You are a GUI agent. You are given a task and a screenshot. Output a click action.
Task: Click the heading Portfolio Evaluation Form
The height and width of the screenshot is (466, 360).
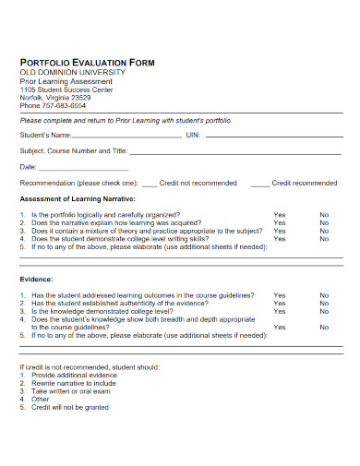(88, 62)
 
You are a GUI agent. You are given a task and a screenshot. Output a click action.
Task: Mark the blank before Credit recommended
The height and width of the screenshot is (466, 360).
(259, 184)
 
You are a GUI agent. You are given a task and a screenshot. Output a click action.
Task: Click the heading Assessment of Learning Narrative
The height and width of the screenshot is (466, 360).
(78, 198)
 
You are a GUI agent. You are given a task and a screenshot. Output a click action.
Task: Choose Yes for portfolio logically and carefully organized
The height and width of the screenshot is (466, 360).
(279, 214)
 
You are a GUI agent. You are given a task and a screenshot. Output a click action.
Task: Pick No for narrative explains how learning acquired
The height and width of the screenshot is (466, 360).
(324, 222)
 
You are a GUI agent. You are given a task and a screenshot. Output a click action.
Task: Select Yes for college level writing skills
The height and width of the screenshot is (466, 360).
(279, 239)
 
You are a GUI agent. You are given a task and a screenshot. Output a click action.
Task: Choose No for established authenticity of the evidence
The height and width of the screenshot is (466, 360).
(324, 303)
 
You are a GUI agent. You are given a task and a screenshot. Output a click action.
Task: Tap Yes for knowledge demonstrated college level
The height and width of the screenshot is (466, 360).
(279, 311)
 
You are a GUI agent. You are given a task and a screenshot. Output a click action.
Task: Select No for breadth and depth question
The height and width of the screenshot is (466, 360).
(324, 327)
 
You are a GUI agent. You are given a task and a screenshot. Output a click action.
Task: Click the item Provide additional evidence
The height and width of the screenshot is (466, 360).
(75, 376)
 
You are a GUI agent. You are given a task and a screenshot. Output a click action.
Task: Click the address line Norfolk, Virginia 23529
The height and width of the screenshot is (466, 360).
(55, 96)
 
